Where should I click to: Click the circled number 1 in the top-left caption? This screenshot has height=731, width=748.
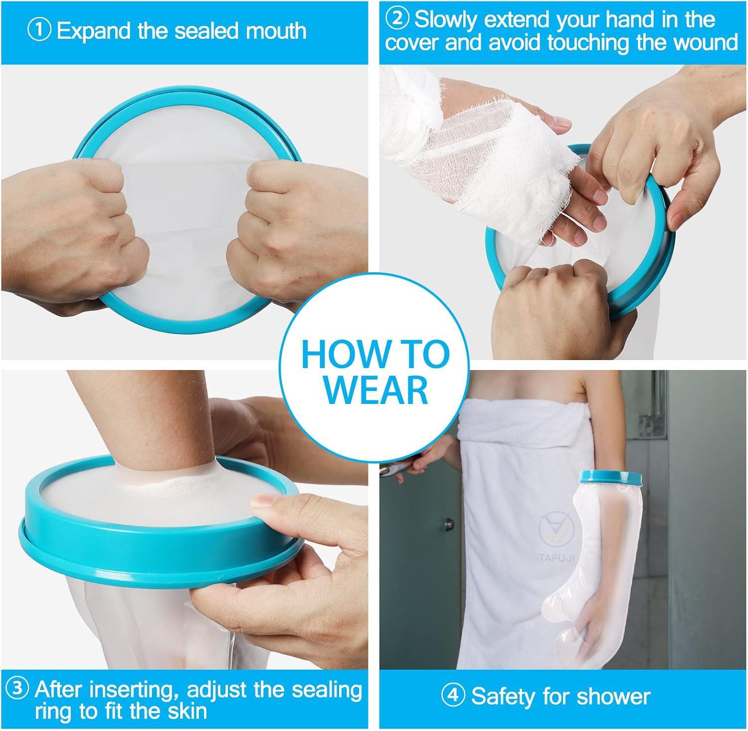[39, 31]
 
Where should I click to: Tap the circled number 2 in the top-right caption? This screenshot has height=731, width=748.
[399, 20]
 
